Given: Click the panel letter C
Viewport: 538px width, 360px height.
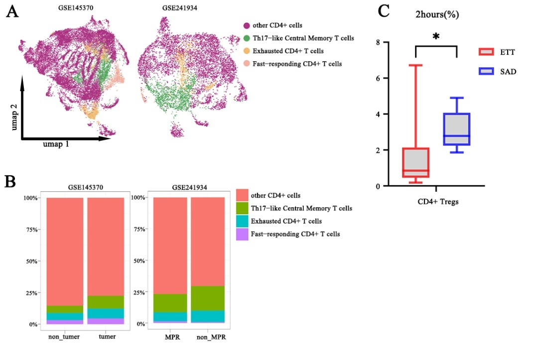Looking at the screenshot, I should [384, 11].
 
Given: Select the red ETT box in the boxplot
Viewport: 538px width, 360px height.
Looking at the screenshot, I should [416, 162].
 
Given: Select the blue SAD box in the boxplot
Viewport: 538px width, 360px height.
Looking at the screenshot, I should [457, 129].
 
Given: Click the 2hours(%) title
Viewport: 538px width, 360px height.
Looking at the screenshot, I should [437, 15].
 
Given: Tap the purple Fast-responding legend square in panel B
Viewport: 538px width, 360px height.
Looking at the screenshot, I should [243, 234].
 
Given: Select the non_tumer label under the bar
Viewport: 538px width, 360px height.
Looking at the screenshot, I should [64, 337].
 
